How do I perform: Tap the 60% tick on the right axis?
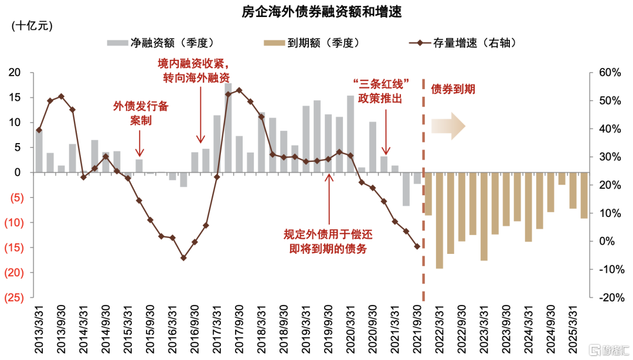[610, 73]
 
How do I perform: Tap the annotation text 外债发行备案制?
[141, 113]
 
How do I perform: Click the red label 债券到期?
[453, 89]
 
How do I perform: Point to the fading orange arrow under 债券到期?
[448, 127]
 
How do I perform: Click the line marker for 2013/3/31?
[39, 130]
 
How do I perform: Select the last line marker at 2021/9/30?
[417, 246]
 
